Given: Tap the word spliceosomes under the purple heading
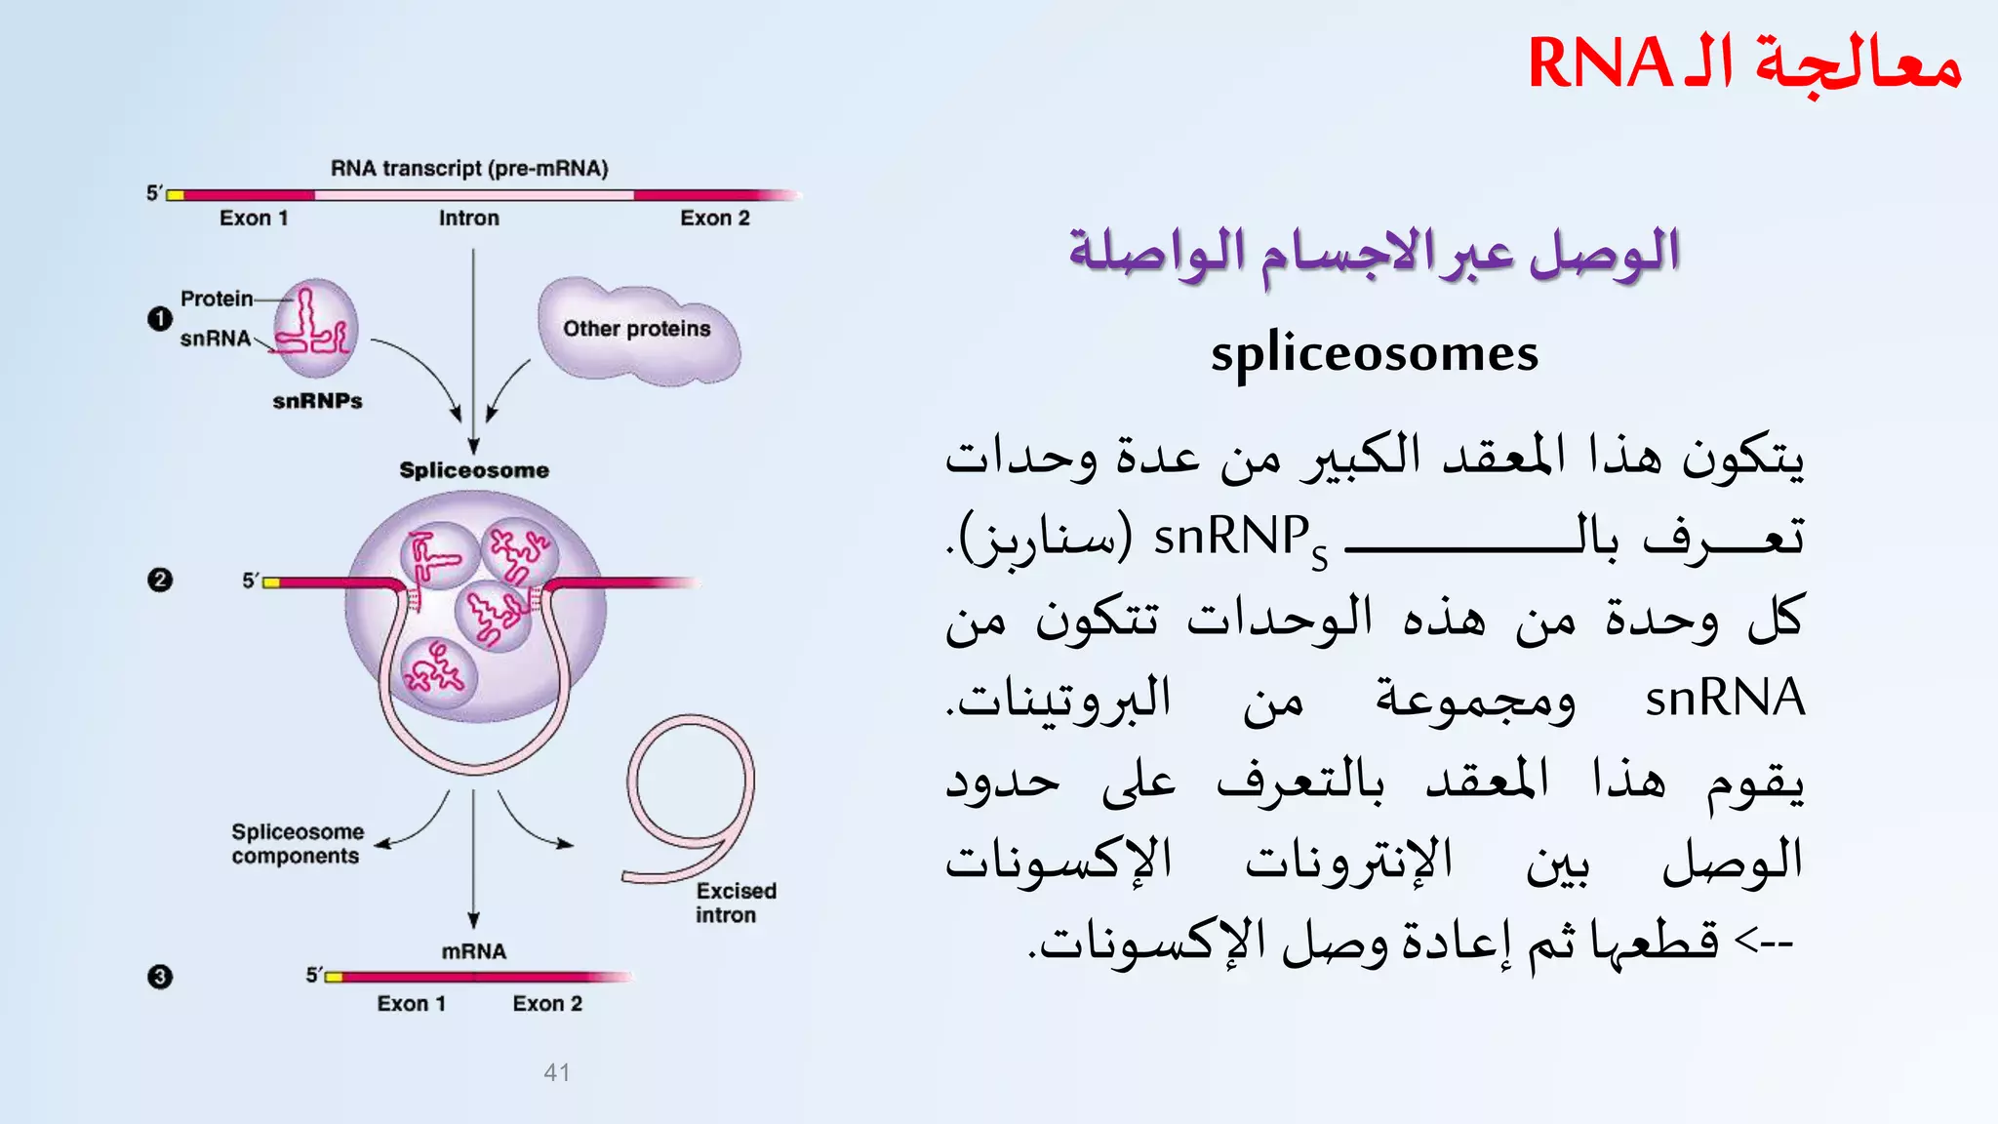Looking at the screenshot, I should (x=1374, y=353).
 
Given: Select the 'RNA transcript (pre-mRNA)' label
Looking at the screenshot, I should (x=469, y=168).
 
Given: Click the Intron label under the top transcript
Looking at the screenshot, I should (x=468, y=219).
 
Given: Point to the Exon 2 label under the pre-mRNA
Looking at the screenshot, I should (x=715, y=219).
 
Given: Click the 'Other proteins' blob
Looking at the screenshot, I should (x=637, y=329).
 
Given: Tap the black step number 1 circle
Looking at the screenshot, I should (x=160, y=318).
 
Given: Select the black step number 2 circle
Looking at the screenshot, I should (x=160, y=580).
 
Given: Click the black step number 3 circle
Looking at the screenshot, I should (x=160, y=977).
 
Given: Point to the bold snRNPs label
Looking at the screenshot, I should (x=317, y=401).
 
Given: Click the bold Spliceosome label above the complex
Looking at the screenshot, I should (x=474, y=470).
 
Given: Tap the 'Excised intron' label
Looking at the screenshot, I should (x=735, y=903).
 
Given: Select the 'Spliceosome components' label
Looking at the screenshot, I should (x=297, y=844).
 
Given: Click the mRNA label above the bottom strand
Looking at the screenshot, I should (x=474, y=951).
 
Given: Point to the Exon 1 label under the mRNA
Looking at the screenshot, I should (x=412, y=1004).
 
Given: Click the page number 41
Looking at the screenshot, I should (x=557, y=1072).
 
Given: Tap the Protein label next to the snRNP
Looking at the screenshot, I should (x=217, y=299).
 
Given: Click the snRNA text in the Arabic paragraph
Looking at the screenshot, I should (x=1724, y=699).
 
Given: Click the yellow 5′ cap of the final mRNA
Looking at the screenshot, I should (x=334, y=977).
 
